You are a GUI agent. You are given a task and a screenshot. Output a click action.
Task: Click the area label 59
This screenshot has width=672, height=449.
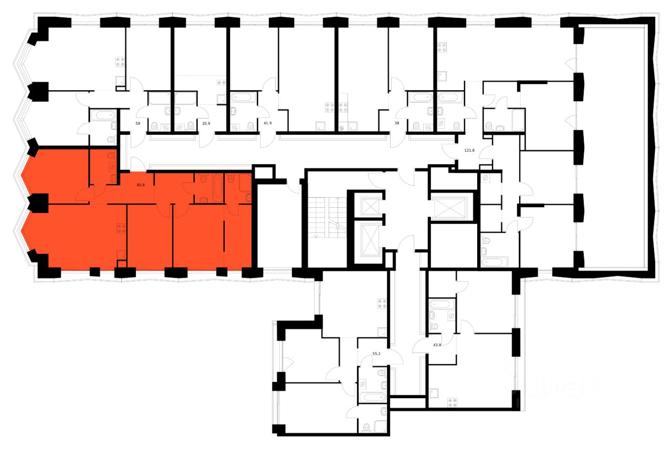coord(138,124)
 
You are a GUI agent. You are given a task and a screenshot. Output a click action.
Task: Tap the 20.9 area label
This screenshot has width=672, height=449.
coord(207,124)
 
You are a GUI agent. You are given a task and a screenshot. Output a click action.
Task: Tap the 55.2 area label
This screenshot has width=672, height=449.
coord(376,354)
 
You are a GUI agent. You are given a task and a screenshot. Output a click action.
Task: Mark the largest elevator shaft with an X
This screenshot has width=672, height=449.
coord(453,207)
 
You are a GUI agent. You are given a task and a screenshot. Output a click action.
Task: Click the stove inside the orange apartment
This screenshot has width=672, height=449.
coord(121,228)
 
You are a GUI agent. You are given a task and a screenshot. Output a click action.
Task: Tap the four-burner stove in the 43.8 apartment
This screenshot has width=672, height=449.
coord(453,402)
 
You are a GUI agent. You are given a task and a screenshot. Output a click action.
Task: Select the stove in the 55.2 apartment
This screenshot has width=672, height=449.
coord(382,303)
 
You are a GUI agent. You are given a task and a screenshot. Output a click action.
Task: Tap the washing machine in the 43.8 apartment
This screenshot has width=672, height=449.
coord(450,316)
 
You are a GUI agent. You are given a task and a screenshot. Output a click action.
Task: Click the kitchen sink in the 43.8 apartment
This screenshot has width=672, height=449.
coord(434,392)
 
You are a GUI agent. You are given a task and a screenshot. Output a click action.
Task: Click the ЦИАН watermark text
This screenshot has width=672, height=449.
coord(546,387)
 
